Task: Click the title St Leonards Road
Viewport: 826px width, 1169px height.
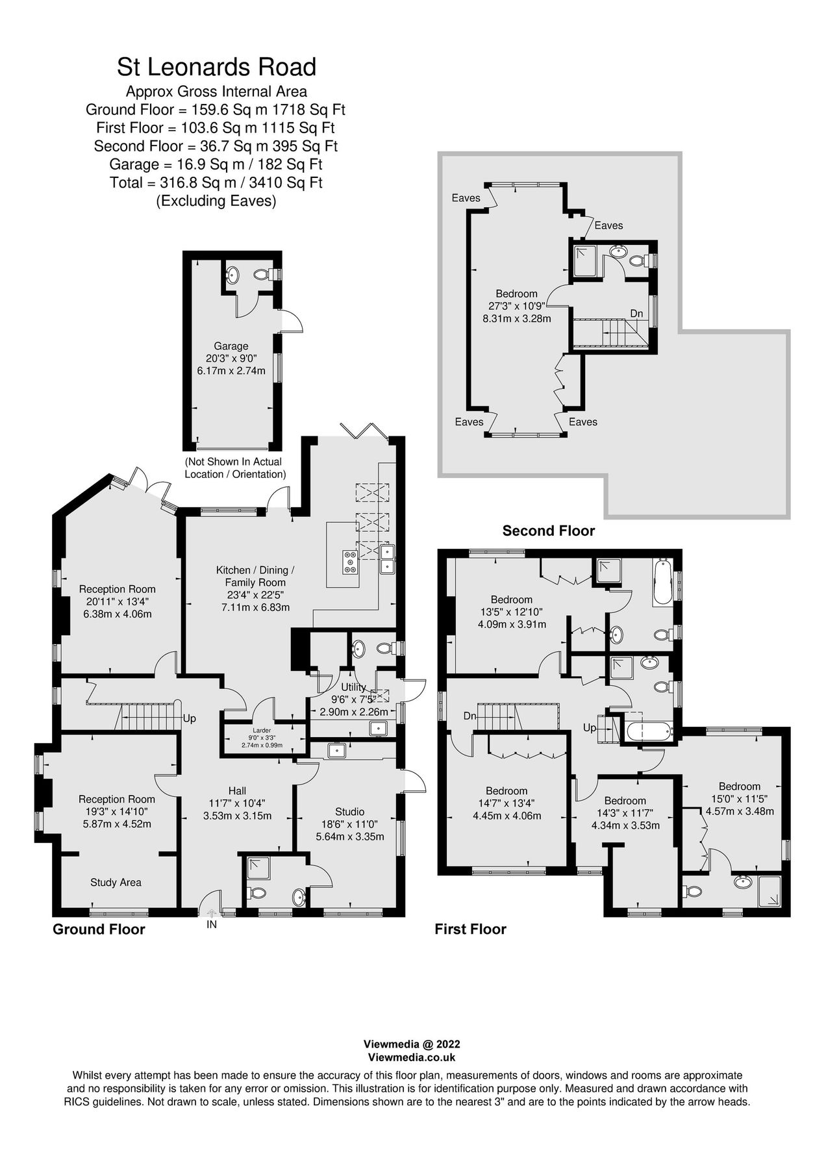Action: pyautogui.click(x=216, y=67)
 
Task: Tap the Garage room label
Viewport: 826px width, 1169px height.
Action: pyautogui.click(x=231, y=346)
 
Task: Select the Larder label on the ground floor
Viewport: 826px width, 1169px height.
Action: pyautogui.click(x=262, y=730)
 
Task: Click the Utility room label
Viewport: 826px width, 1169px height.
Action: pyautogui.click(x=353, y=687)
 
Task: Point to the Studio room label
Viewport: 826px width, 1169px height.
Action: pyautogui.click(x=349, y=811)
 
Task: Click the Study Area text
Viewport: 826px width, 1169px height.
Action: pyautogui.click(x=116, y=882)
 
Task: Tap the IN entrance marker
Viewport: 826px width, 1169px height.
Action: pyautogui.click(x=212, y=924)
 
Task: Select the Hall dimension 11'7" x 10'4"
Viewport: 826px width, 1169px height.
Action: pyautogui.click(x=237, y=803)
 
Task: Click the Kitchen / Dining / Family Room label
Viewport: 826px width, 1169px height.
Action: pyautogui.click(x=255, y=576)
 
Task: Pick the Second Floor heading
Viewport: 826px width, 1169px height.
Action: pyautogui.click(x=548, y=531)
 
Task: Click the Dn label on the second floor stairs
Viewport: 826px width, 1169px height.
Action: pyautogui.click(x=636, y=314)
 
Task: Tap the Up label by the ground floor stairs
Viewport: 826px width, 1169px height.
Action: pyautogui.click(x=189, y=719)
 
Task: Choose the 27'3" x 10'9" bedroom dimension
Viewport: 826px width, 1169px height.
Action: pyautogui.click(x=516, y=306)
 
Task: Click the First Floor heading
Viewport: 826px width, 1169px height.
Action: pyautogui.click(x=470, y=929)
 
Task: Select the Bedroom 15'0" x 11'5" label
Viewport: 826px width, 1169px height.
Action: pyautogui.click(x=739, y=786)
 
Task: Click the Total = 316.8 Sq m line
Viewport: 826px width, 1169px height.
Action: pyautogui.click(x=216, y=182)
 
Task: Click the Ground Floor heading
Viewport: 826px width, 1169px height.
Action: pyautogui.click(x=99, y=929)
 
